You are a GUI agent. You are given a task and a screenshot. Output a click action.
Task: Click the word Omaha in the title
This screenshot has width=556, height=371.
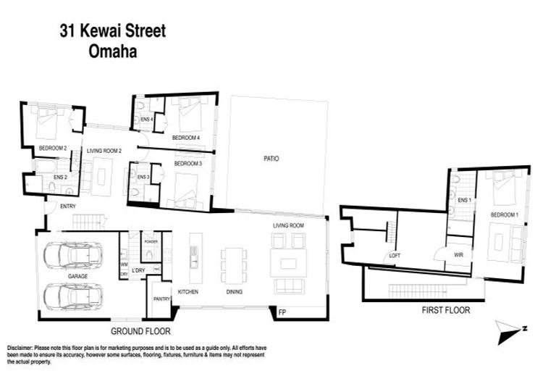(112, 51)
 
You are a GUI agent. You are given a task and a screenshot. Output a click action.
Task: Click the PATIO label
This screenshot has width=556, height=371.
(271, 158)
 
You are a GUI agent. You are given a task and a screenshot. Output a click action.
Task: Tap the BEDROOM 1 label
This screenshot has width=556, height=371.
(504, 215)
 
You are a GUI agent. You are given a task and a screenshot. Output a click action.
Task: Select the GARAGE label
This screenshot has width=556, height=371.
(78, 276)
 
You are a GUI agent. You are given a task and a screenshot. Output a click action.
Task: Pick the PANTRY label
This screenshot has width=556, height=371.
(161, 298)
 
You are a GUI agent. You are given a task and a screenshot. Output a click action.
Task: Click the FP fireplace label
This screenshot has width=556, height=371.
(282, 313)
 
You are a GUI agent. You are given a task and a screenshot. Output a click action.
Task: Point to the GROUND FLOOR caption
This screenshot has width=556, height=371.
(140, 330)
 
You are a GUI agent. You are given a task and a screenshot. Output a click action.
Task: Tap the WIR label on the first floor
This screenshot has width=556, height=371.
(458, 254)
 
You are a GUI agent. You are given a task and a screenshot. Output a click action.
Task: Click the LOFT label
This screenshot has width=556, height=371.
(395, 255)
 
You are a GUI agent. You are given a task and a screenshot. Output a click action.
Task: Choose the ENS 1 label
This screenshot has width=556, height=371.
(464, 199)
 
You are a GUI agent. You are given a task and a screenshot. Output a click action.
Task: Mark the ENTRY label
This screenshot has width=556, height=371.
(69, 207)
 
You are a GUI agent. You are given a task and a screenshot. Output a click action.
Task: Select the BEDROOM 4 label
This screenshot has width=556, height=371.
(186, 137)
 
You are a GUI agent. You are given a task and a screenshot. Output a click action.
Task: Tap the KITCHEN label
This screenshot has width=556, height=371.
(188, 292)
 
